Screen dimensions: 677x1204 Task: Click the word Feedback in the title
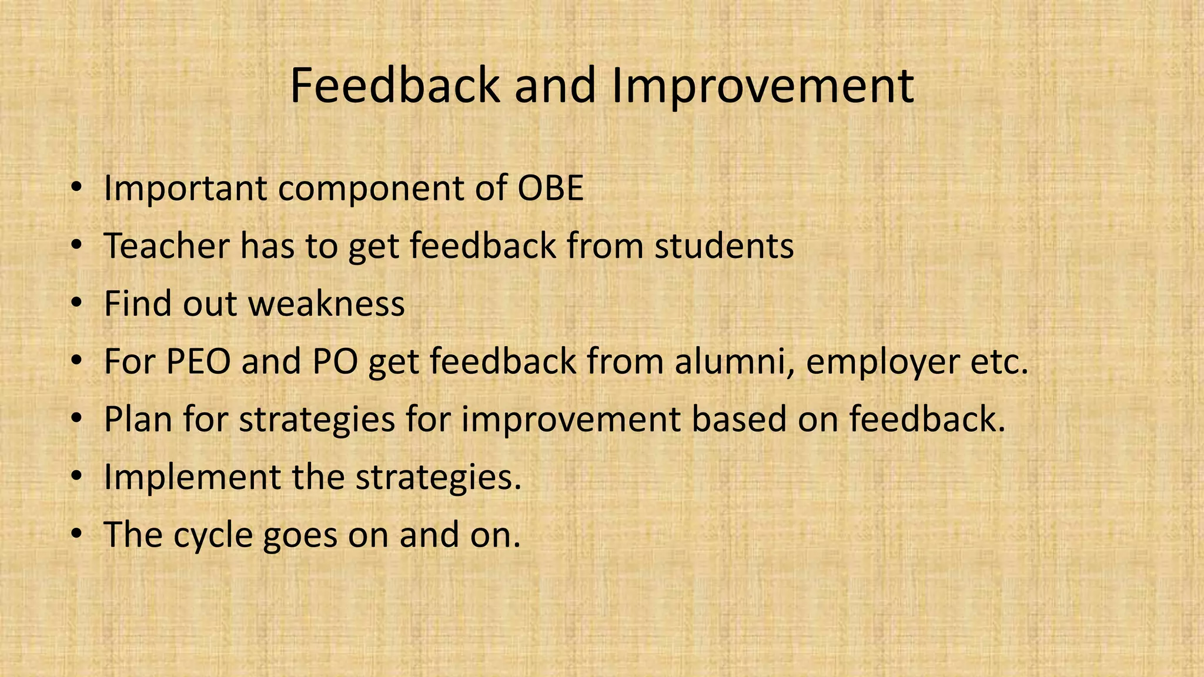[x=396, y=86]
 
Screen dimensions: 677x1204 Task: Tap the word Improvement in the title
[x=762, y=86]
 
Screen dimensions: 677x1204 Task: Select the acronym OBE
[x=550, y=189]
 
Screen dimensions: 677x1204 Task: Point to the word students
[x=724, y=246]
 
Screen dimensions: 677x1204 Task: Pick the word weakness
[x=326, y=304]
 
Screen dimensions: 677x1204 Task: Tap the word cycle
[x=213, y=535]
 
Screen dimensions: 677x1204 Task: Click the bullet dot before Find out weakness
[x=76, y=304]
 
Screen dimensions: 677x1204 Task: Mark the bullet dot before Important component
[x=76, y=189]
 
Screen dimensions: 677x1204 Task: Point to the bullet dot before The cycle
[x=76, y=535]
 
